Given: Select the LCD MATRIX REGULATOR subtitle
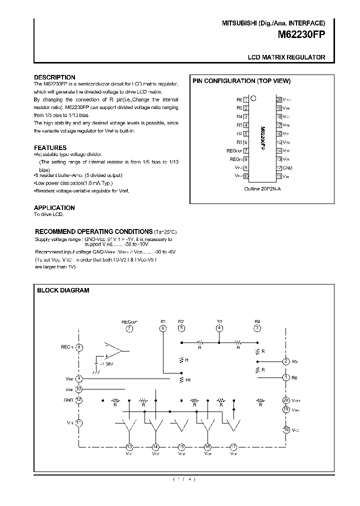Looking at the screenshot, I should pos(286,57).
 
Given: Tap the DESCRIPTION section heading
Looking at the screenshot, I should pos(54,77).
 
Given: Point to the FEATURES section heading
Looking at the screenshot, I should pos(50,147).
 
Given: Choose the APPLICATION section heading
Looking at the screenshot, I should pos(54,207).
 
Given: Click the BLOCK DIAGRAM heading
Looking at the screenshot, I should pos(63,290).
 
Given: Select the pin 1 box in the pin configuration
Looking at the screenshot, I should pos(246,99).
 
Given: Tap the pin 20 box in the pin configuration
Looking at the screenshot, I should pos(279,99).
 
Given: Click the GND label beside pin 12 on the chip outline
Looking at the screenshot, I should pos(287,168).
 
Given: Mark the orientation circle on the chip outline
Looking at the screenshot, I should pos(254,98).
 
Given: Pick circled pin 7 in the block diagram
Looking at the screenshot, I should pos(129,328).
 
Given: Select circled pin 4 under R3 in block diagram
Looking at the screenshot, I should pos(219,328).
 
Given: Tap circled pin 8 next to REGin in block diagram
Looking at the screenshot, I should pos(79,346).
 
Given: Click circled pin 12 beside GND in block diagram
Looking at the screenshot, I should pos(79,400).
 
